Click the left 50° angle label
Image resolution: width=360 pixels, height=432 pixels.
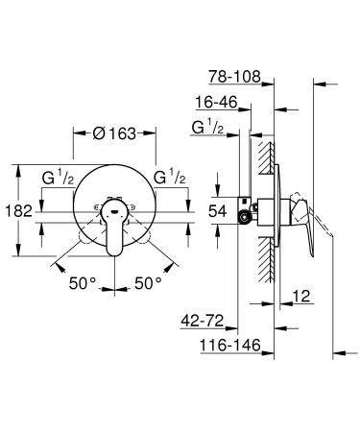pos(83,284)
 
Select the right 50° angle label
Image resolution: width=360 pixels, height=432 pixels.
pos(146,284)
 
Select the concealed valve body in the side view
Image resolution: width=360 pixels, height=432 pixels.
pos(256,208)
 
